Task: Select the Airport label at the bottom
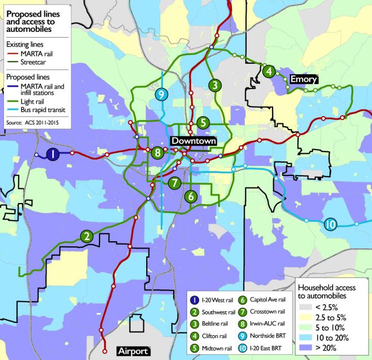coord(132,351)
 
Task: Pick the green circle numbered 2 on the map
coord(86,236)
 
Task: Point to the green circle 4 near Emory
coord(269,71)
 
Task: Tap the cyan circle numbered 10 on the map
coord(330,224)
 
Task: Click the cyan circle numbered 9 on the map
coord(162,95)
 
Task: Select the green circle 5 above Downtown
coord(203,122)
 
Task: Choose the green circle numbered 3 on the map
coord(215,85)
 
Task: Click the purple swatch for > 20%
coord(305,347)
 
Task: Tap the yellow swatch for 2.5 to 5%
coord(305,318)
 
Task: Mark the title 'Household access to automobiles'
coord(326,292)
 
